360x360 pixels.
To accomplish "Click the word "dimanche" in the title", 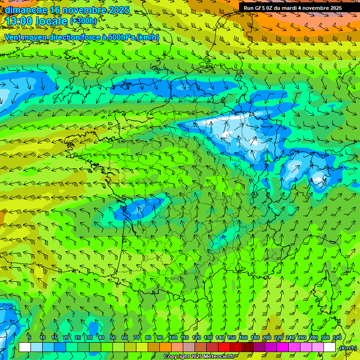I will point(26,10).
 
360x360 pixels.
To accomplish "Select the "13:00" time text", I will point(19,21).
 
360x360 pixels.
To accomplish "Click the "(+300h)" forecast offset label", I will point(83,21).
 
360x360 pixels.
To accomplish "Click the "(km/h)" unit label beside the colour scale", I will point(347,348).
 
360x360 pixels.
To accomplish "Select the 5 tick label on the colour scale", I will point(30,337).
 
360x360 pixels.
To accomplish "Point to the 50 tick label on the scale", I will point(112,337).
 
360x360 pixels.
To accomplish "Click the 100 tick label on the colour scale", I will point(172,337).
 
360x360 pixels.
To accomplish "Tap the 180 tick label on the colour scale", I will point(255,337).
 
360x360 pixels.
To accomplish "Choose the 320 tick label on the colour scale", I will point(337,337).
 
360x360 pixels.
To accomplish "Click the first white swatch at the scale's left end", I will point(24,347).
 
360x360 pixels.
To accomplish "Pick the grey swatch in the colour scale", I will point(188,347).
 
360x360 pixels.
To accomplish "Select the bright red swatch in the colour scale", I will point(224,347).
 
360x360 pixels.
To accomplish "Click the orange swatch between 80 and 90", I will point(153,347).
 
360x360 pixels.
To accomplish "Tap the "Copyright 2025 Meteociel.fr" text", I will point(198,357).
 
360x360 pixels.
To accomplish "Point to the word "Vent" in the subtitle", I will point(13,37).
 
